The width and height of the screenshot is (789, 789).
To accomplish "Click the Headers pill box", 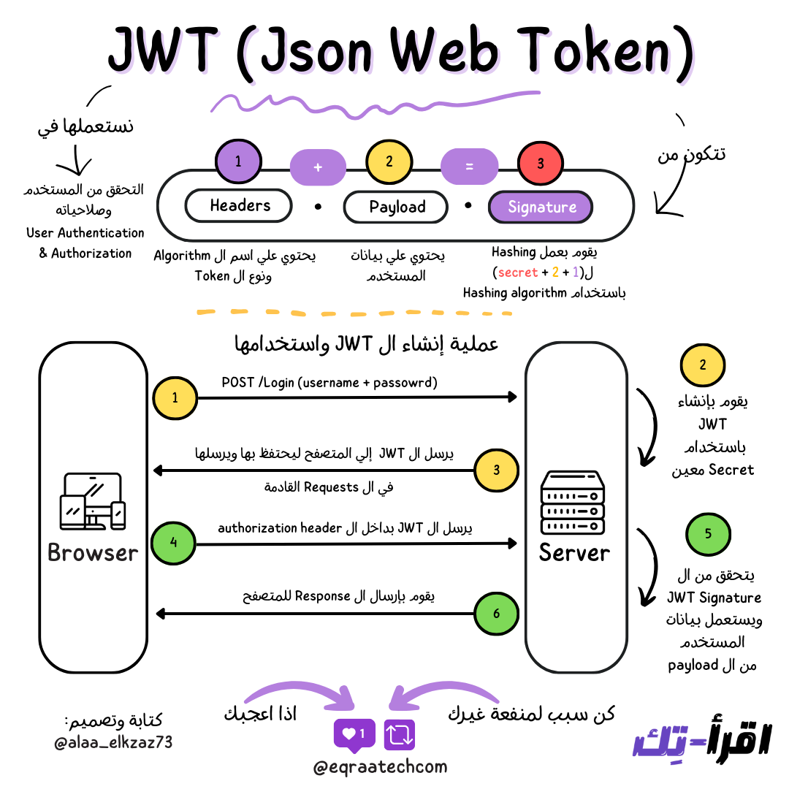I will pyautogui.click(x=239, y=206).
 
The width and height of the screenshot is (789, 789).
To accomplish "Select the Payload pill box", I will pyautogui.click(x=396, y=207).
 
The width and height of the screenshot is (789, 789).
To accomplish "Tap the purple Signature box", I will pyautogui.click(x=541, y=207).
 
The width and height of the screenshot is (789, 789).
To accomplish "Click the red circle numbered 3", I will pyautogui.click(x=541, y=164).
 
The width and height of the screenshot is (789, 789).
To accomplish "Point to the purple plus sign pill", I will pyautogui.click(x=318, y=167).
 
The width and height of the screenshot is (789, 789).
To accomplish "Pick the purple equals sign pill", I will pyautogui.click(x=469, y=167).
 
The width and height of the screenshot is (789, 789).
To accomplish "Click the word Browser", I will pyautogui.click(x=93, y=552).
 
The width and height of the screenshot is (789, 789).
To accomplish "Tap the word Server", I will pyautogui.click(x=574, y=552).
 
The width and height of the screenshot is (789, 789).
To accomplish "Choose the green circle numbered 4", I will pyautogui.click(x=174, y=543).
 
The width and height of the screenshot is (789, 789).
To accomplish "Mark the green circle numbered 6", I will pyautogui.click(x=497, y=614).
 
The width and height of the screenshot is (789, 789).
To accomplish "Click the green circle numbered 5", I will pyautogui.click(x=708, y=533).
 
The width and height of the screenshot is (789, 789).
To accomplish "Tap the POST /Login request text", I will pyautogui.click(x=329, y=382).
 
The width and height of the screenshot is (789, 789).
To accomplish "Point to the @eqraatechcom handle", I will pyautogui.click(x=380, y=767).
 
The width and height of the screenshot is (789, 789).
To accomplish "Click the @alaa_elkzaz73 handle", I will pyautogui.click(x=113, y=743).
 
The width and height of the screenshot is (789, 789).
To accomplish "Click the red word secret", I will pyautogui.click(x=517, y=272).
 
